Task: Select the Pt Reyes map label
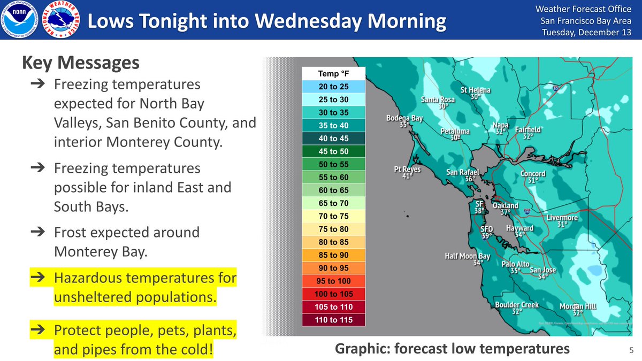[x=407, y=170]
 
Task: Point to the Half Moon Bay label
[x=467, y=256]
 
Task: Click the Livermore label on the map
[x=562, y=218]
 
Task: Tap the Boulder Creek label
[x=516, y=305]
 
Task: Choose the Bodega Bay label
[x=405, y=118]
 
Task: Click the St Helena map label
[x=476, y=90]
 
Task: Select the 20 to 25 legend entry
[x=333, y=87]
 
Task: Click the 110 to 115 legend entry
[x=333, y=320]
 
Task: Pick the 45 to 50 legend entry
[x=333, y=151]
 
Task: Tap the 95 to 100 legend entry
[x=333, y=281]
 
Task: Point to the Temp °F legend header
[x=333, y=74]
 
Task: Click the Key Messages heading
[x=81, y=63]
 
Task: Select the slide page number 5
[x=631, y=350]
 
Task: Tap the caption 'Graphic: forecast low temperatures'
[x=452, y=349]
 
